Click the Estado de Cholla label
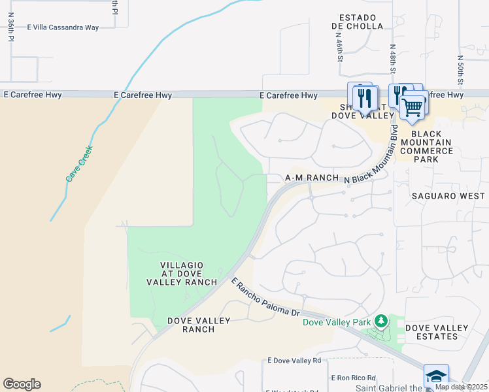pos(358,22)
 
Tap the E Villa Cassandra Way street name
pos(63,28)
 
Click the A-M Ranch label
pos(312,178)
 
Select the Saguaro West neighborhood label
pos(448,196)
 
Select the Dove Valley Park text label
pos(336,321)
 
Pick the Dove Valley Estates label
pos(437,332)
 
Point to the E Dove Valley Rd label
pos(294,361)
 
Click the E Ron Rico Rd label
pos(353,378)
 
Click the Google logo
pos(22,384)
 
